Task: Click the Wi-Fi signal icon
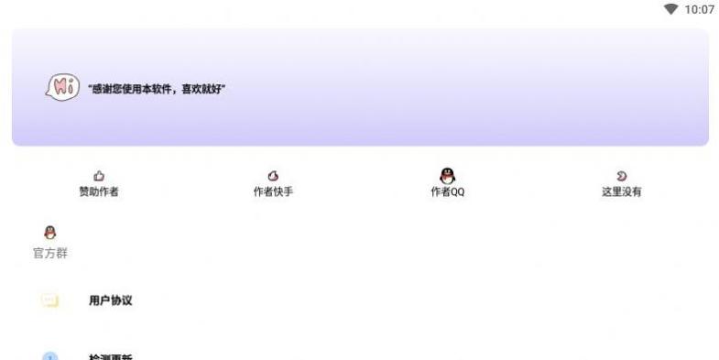pos(671,9)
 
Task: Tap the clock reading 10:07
pos(699,9)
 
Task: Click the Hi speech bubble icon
pos(61,88)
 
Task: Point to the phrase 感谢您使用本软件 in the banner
pos(129,90)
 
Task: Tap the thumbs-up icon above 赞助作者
pos(99,176)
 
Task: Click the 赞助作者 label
pos(99,192)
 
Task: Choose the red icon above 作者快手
pos(273,176)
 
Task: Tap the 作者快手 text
pos(273,192)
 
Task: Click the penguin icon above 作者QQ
pos(447,175)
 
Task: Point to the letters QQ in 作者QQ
pos(458,192)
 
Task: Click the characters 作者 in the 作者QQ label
pos(441,192)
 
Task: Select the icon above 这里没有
pos(621,176)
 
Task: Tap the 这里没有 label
pos(621,192)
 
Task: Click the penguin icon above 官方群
pos(50,233)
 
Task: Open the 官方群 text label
pos(50,253)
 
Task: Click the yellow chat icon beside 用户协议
pos(49,300)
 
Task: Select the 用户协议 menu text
pos(111,300)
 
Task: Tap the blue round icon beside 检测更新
pos(49,356)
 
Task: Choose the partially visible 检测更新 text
pos(111,356)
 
